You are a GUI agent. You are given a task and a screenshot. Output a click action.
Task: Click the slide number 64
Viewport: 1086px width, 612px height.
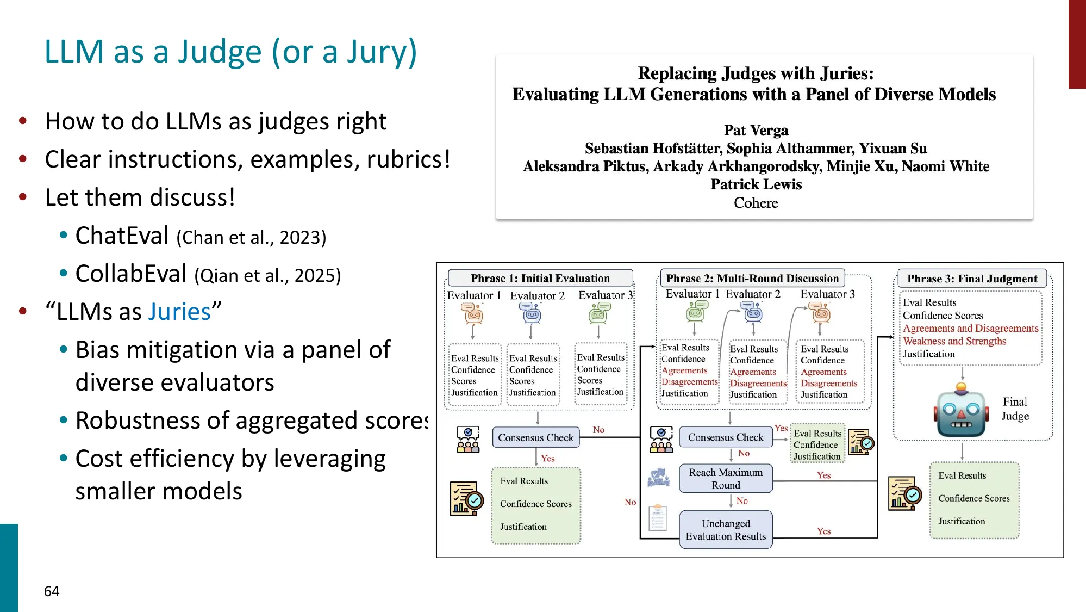[x=52, y=591]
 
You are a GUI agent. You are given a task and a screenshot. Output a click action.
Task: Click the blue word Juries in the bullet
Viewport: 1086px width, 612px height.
[x=179, y=312]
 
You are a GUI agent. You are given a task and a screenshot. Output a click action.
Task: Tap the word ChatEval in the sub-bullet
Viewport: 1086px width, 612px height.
[x=122, y=236]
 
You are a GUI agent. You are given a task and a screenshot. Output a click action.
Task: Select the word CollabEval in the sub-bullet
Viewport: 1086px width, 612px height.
[x=131, y=274]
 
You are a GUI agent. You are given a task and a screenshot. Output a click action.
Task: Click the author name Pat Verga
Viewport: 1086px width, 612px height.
[x=756, y=131]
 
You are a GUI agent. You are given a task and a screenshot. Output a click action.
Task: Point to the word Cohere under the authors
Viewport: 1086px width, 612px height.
[x=756, y=203]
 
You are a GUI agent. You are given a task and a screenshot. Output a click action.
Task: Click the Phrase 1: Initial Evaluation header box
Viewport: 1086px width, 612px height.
[x=540, y=278]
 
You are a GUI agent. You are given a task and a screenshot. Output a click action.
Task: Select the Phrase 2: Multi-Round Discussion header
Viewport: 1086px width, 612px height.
[x=752, y=278]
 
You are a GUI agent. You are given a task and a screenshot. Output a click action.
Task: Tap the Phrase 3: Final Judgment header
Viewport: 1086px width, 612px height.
[x=972, y=279]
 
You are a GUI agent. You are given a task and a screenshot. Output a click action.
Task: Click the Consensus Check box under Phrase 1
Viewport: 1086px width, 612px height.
[x=535, y=437]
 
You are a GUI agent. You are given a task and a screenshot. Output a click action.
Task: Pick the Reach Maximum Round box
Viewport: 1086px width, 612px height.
[x=726, y=479]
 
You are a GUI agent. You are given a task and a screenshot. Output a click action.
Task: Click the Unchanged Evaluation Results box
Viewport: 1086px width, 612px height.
[x=726, y=530]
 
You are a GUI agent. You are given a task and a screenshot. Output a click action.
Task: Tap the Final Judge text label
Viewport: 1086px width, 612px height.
[x=1015, y=409]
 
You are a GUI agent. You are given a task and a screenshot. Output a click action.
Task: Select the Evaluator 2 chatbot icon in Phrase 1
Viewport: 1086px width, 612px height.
[x=532, y=312]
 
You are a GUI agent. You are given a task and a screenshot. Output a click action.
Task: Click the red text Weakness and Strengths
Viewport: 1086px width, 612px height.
[x=954, y=341]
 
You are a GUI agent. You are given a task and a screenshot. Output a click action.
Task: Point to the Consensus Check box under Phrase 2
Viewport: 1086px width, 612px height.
[x=725, y=437]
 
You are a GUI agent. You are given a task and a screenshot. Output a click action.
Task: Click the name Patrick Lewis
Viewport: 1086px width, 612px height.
[x=756, y=184]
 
